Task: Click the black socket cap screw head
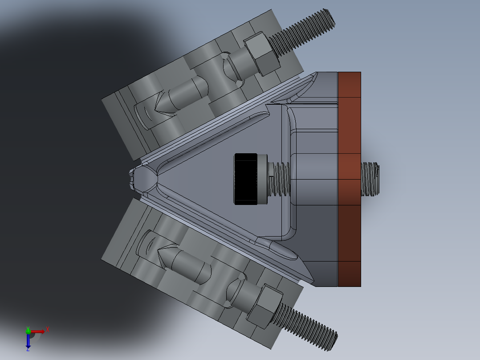click(246, 179)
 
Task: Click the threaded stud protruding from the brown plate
click(370, 179)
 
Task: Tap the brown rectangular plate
click(349, 179)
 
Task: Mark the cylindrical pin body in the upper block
click(187, 91)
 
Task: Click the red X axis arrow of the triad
click(39, 331)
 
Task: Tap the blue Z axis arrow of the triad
click(28, 342)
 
